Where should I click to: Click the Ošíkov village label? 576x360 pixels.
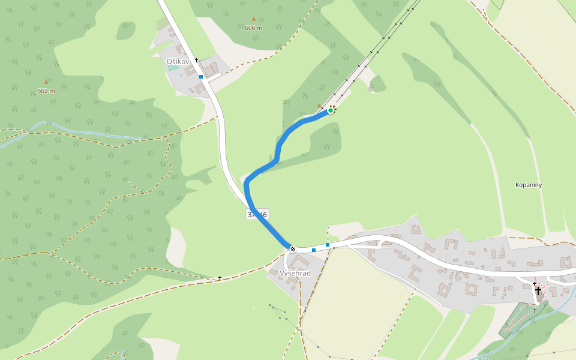pos(178,61)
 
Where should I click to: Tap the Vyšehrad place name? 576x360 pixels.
pos(295,273)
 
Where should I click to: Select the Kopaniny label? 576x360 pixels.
pos(529,185)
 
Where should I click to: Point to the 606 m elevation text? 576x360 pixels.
pos(254,28)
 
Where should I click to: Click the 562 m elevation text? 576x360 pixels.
pos(46,91)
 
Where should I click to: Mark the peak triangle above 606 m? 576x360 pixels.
pos(254,19)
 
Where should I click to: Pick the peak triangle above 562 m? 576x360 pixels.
pos(46,82)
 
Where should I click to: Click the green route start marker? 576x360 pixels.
pos(331,110)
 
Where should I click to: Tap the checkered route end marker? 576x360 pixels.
pos(292,248)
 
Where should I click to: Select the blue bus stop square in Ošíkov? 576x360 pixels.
pos(201,77)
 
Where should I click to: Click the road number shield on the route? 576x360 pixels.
pos(257,214)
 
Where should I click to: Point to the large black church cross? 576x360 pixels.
pos(538,291)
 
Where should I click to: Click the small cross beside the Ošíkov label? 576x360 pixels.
pos(196,60)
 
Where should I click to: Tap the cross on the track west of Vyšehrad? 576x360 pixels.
pos(220,278)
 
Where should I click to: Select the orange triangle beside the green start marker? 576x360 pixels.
pos(319,106)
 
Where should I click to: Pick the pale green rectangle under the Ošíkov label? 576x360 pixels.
pos(173,68)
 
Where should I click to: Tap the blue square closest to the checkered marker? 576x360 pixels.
pos(314,250)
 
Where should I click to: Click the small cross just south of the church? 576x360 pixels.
pos(535,310)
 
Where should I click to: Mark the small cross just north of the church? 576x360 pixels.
pos(534,283)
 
